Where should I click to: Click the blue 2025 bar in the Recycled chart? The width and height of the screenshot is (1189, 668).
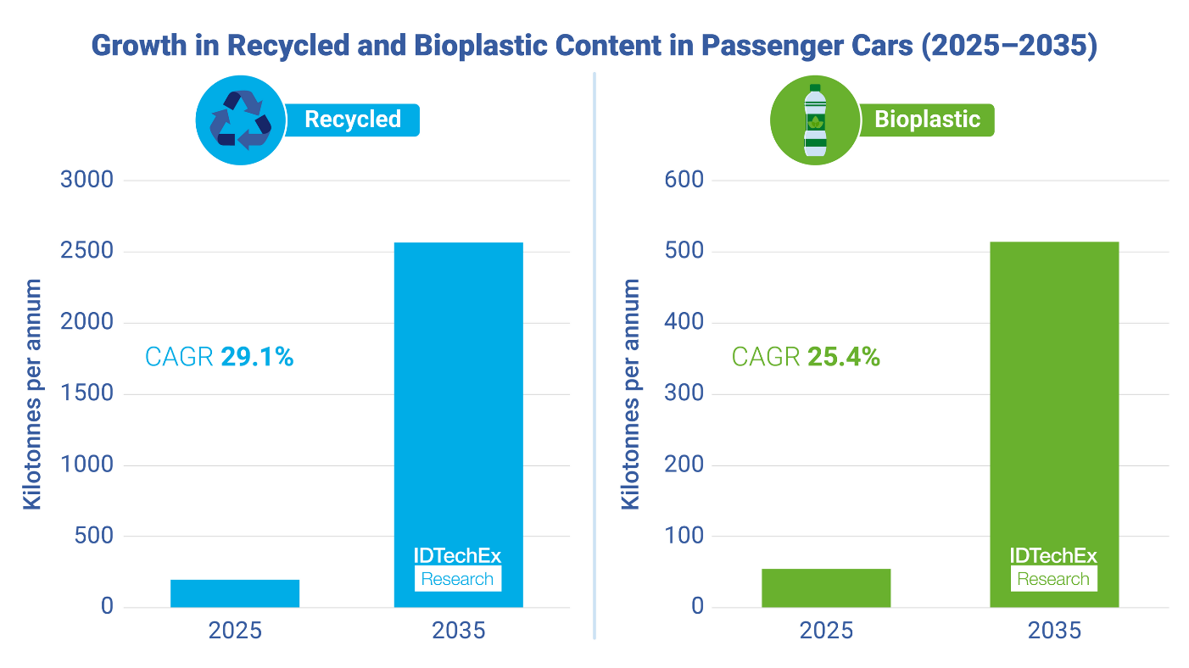pyautogui.click(x=235, y=593)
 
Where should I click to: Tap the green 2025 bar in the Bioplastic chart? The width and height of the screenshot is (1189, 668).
pyautogui.click(x=825, y=587)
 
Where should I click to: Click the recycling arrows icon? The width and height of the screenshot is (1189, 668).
pyautogui.click(x=240, y=120)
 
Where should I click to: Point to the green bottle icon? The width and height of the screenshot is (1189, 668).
pyautogui.click(x=814, y=120)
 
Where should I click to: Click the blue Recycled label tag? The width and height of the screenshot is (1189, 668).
pyautogui.click(x=353, y=120)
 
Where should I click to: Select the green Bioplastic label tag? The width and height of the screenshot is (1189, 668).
pyautogui.click(x=927, y=120)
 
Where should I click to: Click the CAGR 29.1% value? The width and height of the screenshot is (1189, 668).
pyautogui.click(x=256, y=358)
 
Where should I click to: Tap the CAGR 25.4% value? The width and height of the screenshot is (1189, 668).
pyautogui.click(x=843, y=358)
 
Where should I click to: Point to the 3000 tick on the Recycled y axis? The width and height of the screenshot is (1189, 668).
pyautogui.click(x=87, y=181)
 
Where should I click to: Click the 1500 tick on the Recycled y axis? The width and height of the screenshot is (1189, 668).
pyautogui.click(x=87, y=394)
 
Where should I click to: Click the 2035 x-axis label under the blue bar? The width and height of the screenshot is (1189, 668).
pyautogui.click(x=458, y=632)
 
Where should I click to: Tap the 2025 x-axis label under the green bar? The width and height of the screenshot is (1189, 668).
pyautogui.click(x=825, y=632)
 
